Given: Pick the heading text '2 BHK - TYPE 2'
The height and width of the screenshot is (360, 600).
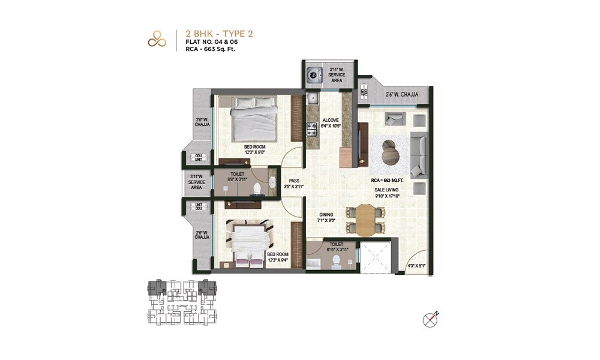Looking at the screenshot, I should [x=220, y=34].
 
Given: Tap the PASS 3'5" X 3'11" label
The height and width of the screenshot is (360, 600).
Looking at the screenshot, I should [x=293, y=183].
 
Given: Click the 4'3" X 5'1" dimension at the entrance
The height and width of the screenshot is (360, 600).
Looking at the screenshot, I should [x=416, y=266].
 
